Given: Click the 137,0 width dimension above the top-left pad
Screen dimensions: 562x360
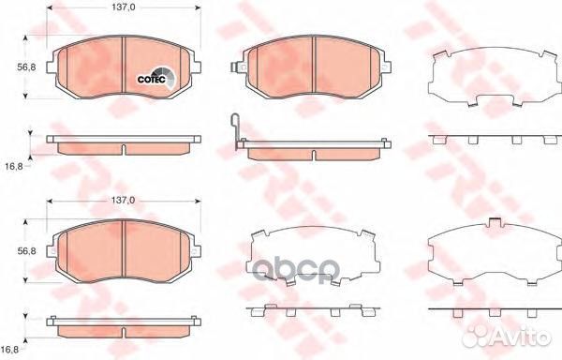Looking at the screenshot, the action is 124,7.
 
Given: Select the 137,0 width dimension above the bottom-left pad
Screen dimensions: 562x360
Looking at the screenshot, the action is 124,201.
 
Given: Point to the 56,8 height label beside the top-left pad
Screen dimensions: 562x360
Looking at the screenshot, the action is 27,67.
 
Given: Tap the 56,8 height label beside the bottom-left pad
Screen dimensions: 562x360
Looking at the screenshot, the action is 27,251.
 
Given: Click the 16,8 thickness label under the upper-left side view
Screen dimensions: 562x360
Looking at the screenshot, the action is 14,166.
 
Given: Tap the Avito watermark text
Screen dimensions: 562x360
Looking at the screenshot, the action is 507,337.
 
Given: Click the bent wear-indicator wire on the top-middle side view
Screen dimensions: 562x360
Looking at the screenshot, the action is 235,131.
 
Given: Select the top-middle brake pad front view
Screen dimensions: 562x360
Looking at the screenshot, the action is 311,67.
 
